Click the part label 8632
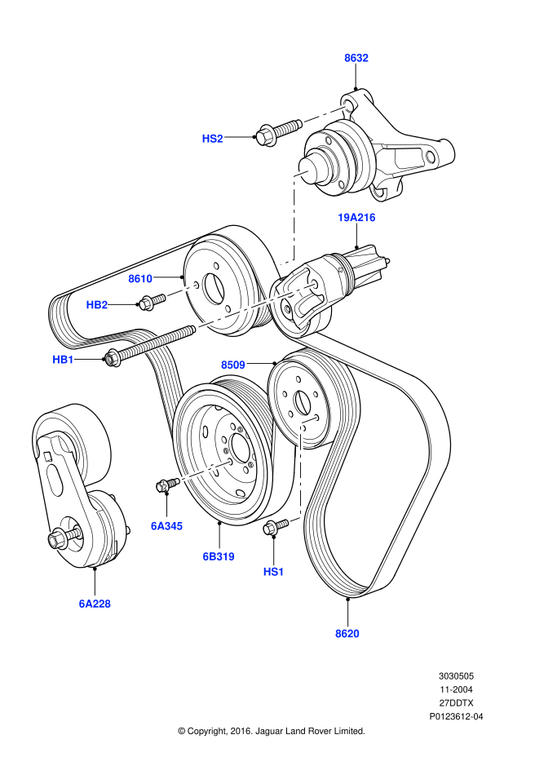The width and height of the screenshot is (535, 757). click(356, 58)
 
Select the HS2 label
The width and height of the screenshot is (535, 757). click(212, 139)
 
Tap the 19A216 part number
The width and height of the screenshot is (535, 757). click(356, 218)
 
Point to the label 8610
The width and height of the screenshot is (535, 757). click(140, 279)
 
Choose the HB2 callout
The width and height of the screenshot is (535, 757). click(97, 305)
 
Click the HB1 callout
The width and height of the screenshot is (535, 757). click(63, 360)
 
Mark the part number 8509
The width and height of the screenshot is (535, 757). click(233, 365)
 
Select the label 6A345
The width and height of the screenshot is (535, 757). click(167, 526)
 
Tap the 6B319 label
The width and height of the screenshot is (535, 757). click(219, 556)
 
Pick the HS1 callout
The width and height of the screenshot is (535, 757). click(273, 572)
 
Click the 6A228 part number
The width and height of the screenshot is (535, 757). click(95, 604)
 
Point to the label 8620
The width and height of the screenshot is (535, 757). click(347, 634)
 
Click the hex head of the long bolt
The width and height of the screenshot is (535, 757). click(113, 357)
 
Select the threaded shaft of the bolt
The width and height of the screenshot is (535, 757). click(159, 342)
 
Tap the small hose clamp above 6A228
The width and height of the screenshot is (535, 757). click(61, 538)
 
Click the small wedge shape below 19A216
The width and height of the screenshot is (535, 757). click(360, 254)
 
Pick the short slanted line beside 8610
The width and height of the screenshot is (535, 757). click(182, 290)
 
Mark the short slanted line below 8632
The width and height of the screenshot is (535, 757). click(326, 114)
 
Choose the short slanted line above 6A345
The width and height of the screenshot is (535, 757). click(205, 471)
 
